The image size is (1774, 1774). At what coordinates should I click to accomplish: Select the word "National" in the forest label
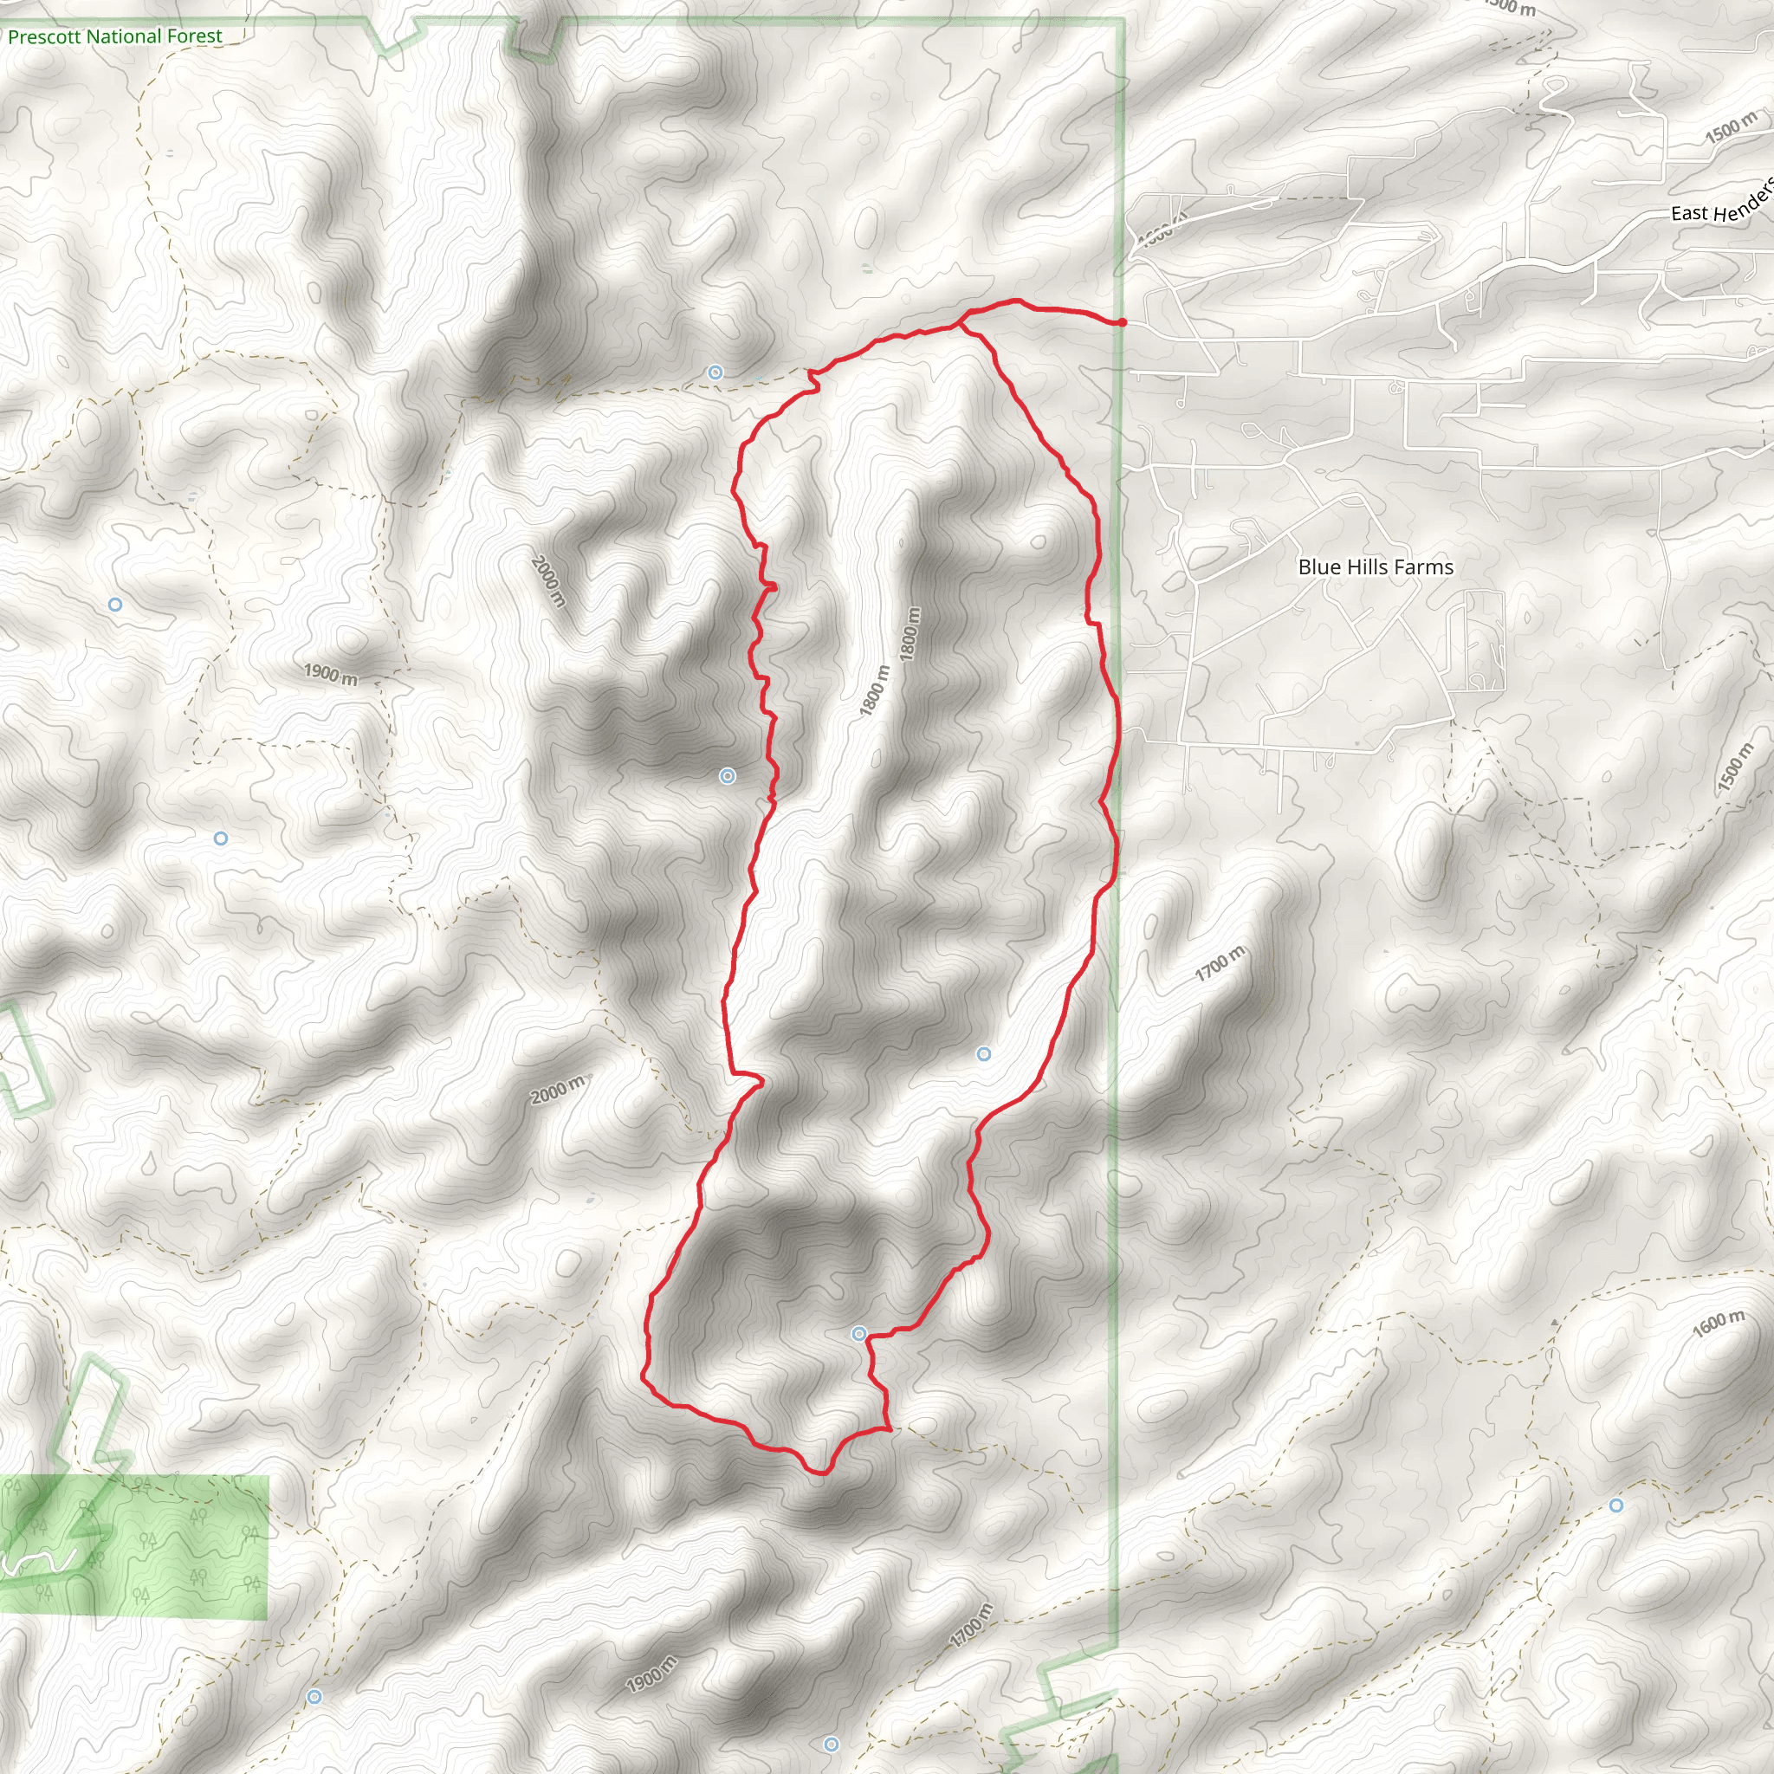click(122, 36)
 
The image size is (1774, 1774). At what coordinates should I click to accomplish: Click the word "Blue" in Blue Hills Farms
click(1318, 567)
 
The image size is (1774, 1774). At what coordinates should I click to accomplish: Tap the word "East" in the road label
click(1688, 213)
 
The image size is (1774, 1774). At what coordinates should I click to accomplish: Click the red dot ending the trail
click(1122, 322)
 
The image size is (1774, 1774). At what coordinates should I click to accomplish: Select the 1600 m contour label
click(1718, 1324)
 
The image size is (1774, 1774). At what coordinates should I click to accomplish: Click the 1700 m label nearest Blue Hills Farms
click(1220, 963)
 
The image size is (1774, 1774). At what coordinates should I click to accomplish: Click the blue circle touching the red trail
click(858, 1333)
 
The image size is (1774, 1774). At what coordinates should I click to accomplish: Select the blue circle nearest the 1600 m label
click(1616, 1505)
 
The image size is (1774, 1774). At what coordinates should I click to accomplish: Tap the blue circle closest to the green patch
click(314, 1696)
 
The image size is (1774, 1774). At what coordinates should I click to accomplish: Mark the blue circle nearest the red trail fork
click(715, 372)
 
